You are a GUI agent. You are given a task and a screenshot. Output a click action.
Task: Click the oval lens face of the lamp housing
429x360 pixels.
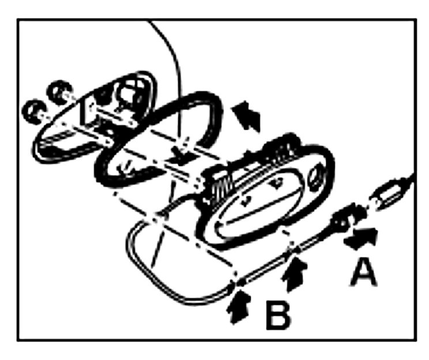tap(262, 202)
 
